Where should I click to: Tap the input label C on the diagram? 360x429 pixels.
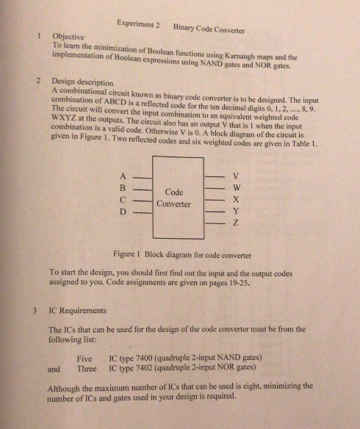(121, 200)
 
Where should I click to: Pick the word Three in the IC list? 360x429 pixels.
(86, 368)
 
